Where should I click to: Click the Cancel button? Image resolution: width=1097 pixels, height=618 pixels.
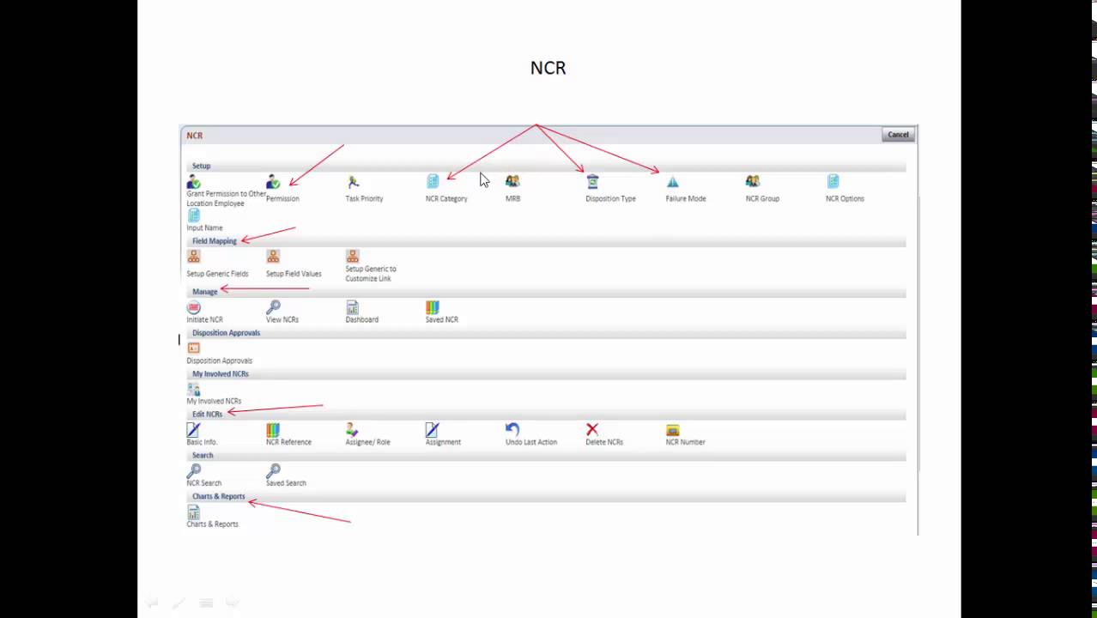[898, 135]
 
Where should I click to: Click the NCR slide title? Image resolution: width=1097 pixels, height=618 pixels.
[548, 68]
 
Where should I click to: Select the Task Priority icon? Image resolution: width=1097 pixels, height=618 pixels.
[353, 182]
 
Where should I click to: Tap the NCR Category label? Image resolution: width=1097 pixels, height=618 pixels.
[446, 198]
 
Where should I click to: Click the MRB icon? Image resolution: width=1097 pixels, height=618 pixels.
[512, 181]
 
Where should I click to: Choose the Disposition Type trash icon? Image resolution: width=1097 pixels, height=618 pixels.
[592, 181]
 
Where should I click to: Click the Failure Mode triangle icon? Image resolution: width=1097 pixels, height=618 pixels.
[672, 182]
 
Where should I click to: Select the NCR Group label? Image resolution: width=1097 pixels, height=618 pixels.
[762, 198]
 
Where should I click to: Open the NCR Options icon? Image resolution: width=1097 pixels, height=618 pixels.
[833, 181]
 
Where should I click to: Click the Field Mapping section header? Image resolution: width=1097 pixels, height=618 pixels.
[214, 241]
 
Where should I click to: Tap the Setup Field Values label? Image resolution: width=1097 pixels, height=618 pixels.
[294, 274]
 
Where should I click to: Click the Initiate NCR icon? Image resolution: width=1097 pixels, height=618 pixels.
[193, 307]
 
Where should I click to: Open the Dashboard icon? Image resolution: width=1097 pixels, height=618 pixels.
[353, 307]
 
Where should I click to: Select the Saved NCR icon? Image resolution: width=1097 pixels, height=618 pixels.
[433, 307]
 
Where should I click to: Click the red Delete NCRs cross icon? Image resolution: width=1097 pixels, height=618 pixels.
[592, 429]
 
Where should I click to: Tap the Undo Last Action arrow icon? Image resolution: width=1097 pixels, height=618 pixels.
[512, 429]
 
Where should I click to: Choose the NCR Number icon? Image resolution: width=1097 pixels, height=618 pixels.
[672, 430]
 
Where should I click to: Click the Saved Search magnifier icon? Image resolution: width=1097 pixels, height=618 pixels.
[273, 471]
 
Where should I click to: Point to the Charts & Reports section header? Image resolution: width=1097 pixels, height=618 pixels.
[218, 496]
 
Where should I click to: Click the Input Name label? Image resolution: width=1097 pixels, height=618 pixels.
[204, 227]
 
